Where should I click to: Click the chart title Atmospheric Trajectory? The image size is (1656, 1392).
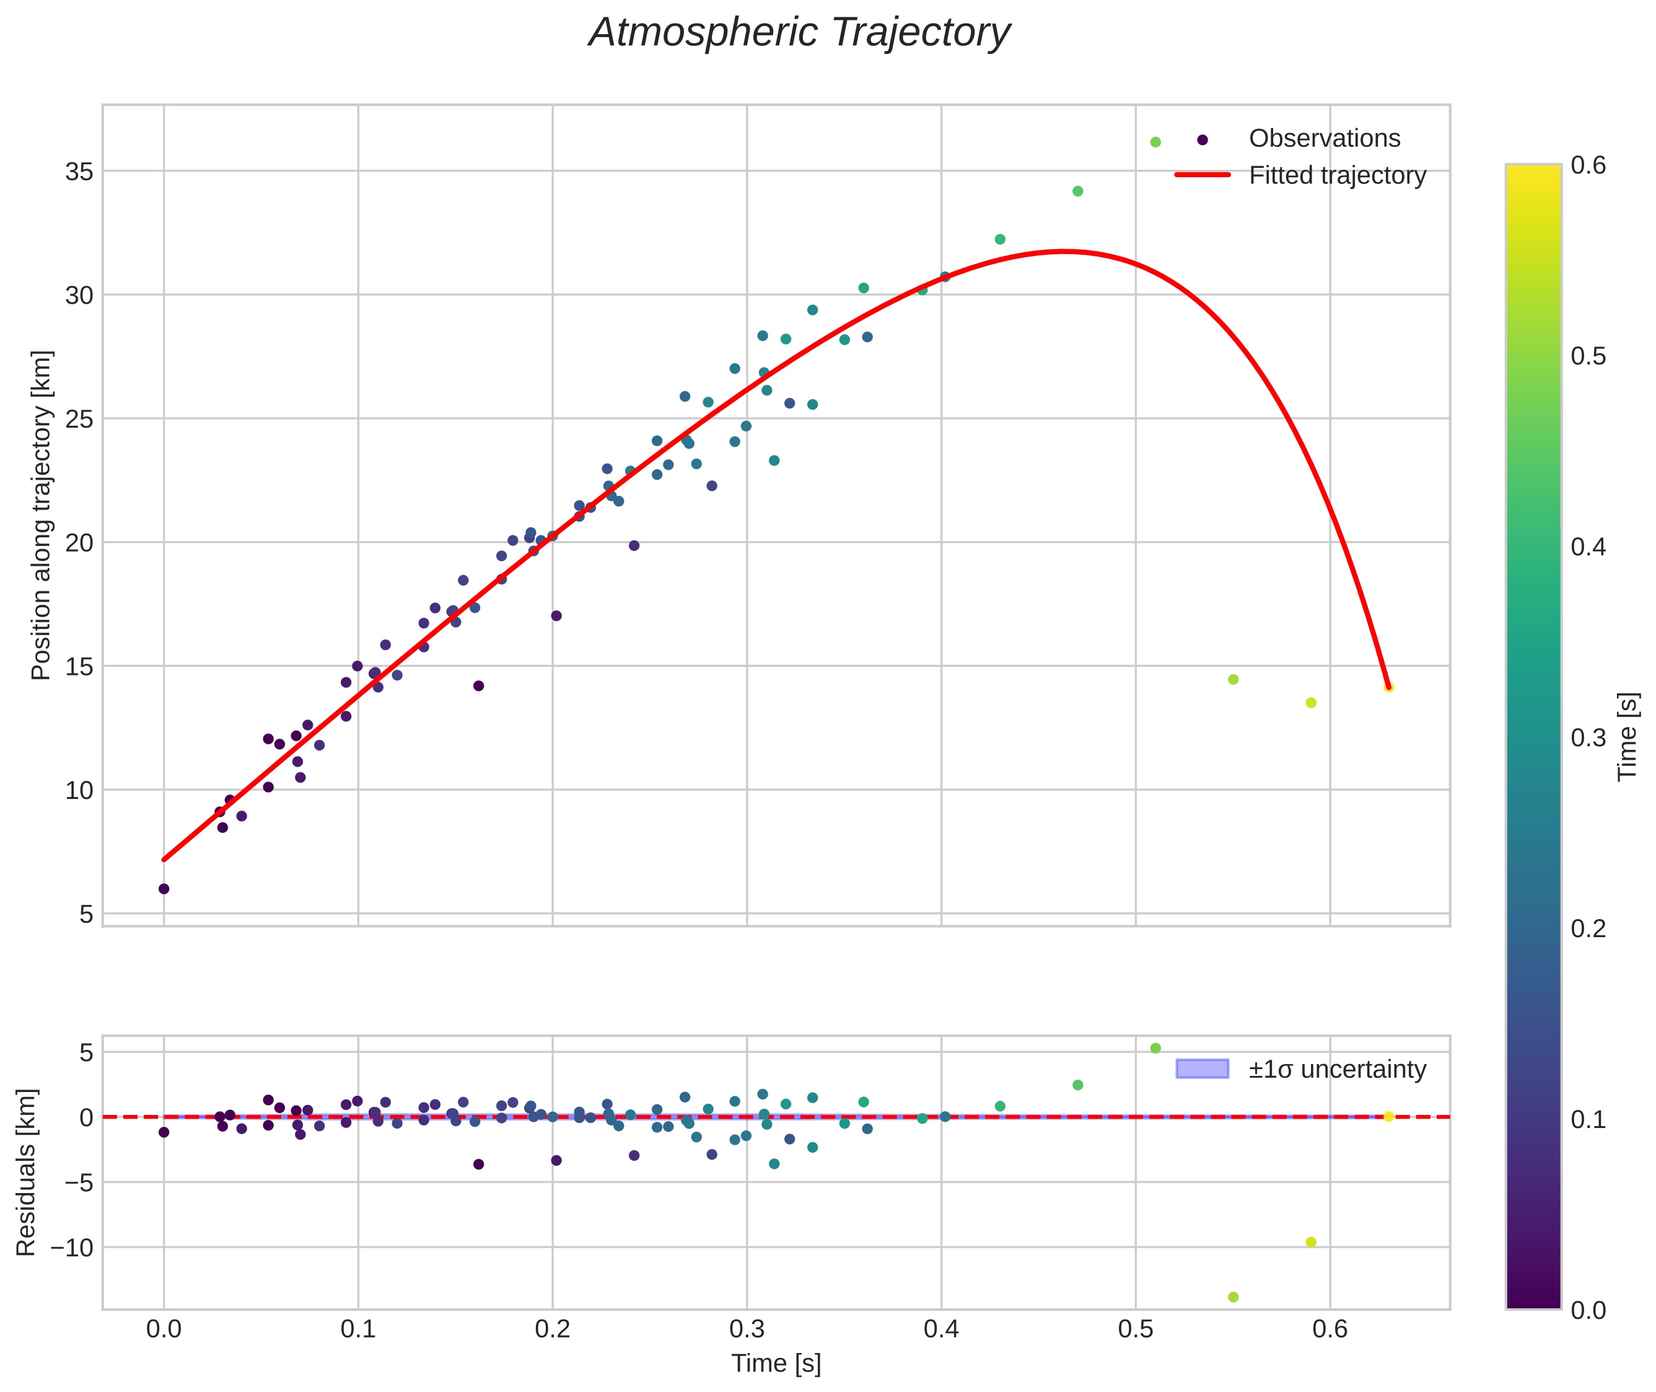(799, 33)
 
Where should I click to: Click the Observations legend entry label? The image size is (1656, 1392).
(1324, 139)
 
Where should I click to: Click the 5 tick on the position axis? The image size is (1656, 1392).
(86, 914)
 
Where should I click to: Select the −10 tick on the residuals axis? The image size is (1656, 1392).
(72, 1248)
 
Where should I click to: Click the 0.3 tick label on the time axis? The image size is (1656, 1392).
(747, 1329)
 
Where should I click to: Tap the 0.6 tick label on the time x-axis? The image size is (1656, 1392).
(1330, 1329)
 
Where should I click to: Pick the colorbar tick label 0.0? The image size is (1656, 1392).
(1587, 1311)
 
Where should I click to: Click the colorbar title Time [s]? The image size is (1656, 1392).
(1627, 737)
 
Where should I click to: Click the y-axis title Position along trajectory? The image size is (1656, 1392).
(41, 514)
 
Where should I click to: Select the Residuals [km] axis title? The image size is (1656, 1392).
(26, 1172)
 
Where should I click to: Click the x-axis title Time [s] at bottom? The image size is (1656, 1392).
(776, 1363)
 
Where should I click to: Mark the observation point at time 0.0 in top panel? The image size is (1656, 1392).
(164, 889)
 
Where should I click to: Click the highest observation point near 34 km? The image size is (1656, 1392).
(1078, 191)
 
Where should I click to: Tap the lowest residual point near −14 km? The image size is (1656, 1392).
(1233, 1297)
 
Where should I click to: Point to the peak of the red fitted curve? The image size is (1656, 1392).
(1064, 252)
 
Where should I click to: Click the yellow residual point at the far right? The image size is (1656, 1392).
(1388, 1117)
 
